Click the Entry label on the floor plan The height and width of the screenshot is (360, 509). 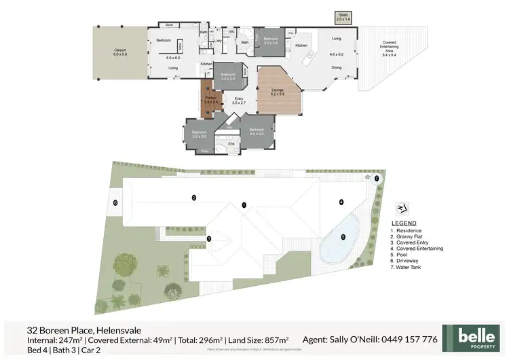pyautogui.click(x=238, y=101)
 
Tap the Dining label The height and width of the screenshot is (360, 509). pyautogui.click(x=336, y=67)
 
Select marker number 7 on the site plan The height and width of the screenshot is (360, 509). pyautogui.click(x=377, y=179)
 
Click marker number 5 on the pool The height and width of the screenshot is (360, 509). pyautogui.click(x=343, y=237)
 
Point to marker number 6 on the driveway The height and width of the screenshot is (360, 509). pyautogui.click(x=115, y=202)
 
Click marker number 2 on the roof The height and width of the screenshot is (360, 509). pyautogui.click(x=194, y=198)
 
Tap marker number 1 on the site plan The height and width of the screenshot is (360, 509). pyautogui.click(x=244, y=204)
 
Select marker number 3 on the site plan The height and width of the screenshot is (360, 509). pyautogui.click(x=209, y=238)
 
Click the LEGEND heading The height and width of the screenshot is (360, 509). pyautogui.click(x=404, y=223)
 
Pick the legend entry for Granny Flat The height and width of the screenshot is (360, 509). pyautogui.click(x=410, y=236)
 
